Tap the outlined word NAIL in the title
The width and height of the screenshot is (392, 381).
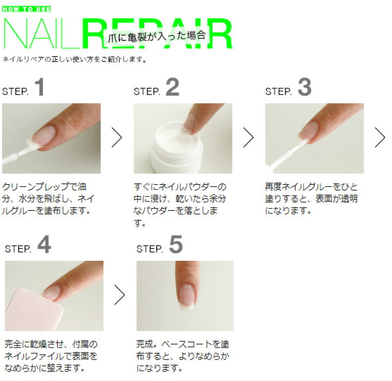(x=41, y=36)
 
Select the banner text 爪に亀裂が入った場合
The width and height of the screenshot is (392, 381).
(x=157, y=36)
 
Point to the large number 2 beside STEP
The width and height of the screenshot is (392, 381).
(x=172, y=88)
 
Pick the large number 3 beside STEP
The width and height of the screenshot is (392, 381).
(x=305, y=88)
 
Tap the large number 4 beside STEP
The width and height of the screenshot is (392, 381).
(x=44, y=245)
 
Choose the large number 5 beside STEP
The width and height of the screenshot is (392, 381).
(x=175, y=245)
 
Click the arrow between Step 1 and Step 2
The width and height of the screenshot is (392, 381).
(x=117, y=138)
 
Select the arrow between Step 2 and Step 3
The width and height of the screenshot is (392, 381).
(x=248, y=138)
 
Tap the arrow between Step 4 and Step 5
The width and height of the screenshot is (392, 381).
(x=119, y=295)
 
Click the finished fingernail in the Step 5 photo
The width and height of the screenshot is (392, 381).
(x=186, y=295)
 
